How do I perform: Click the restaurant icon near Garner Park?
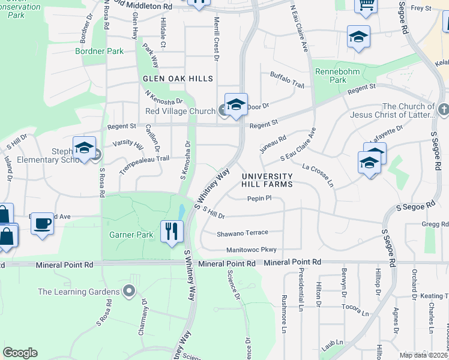tap(172, 231)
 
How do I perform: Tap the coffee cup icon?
tap(42, 224)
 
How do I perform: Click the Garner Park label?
tap(131, 235)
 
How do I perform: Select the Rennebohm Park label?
tap(331, 76)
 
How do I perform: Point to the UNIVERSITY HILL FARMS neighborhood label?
tap(267, 180)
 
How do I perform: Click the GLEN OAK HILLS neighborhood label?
tap(178, 79)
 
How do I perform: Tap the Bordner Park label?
tap(100, 52)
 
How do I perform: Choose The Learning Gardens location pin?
tap(128, 292)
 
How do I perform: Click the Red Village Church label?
tap(180, 111)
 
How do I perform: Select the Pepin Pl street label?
tap(259, 198)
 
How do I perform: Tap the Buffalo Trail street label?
tap(287, 80)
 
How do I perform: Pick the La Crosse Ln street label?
tap(318, 174)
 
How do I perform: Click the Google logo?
tap(20, 353)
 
